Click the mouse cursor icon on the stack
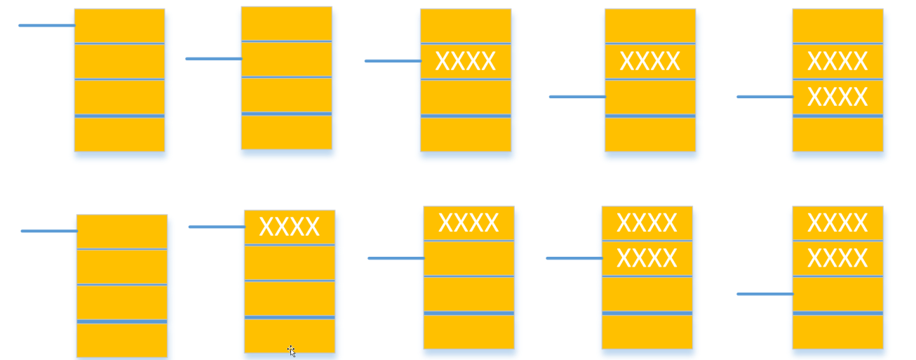click(x=292, y=351)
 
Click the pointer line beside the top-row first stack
click(x=47, y=25)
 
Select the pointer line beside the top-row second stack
click(x=214, y=58)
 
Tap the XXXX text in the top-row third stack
click(x=465, y=62)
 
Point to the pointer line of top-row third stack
click(x=393, y=61)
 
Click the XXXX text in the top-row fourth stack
click(x=649, y=62)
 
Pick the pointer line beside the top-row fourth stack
click(x=577, y=96)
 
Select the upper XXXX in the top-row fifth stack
click(x=837, y=62)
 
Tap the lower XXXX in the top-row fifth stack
click(x=837, y=97)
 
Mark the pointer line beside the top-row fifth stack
click(x=765, y=96)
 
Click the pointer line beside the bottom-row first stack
click(x=49, y=231)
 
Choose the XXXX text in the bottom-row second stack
click(x=289, y=227)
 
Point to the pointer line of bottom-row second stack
click(x=217, y=227)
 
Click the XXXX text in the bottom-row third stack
click(x=469, y=223)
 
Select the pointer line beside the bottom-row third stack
click(x=396, y=258)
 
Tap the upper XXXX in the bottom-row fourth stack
click(x=647, y=223)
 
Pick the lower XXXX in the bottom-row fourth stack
click(x=647, y=258)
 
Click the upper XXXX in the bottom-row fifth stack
click(x=837, y=223)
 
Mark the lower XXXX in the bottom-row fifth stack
click(x=837, y=258)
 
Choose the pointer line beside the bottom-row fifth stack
click(x=765, y=293)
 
